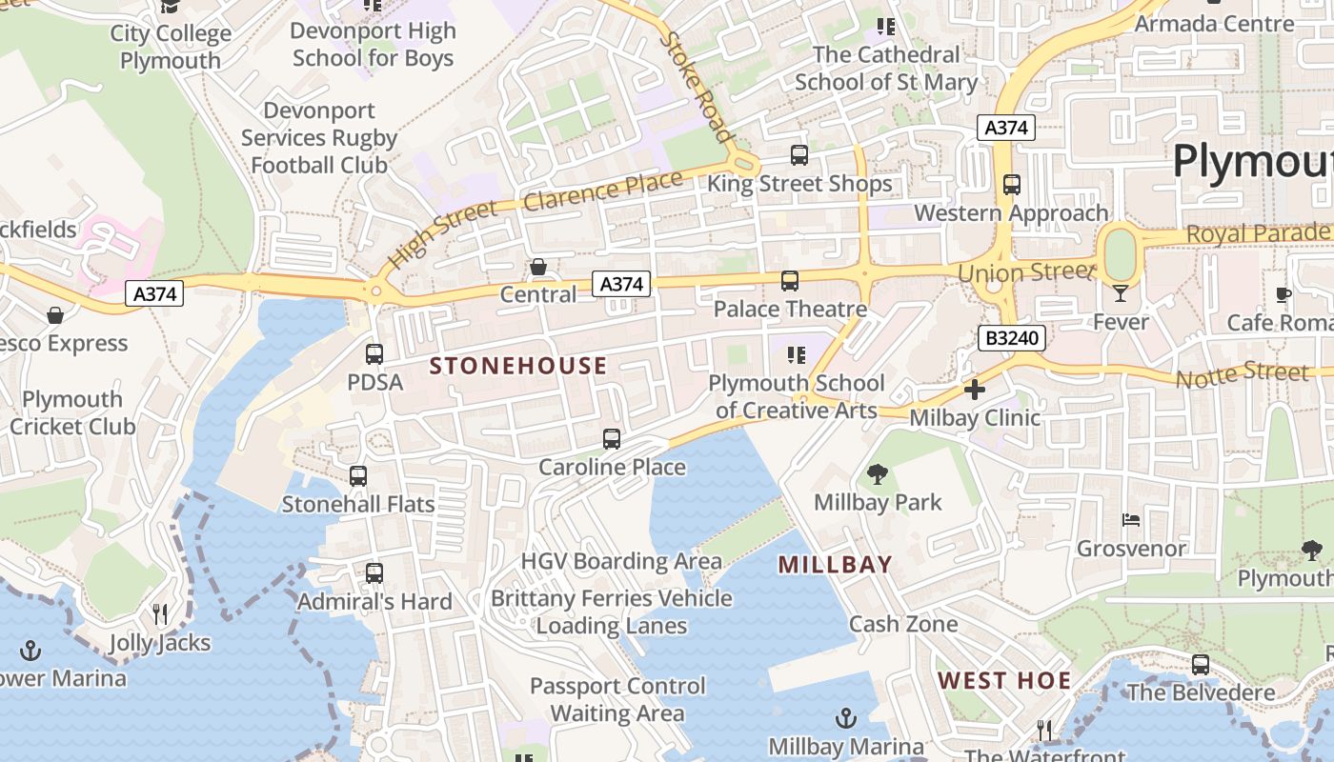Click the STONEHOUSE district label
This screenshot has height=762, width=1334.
pos(518,366)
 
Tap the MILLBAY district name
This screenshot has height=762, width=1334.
pos(835,565)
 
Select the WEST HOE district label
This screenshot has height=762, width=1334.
pos(1004,680)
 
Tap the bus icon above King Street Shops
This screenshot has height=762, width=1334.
pos(799,155)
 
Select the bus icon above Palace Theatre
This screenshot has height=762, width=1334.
pos(790,281)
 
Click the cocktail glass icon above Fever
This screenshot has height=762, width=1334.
pos(1121,293)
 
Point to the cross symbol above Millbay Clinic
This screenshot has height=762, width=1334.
pos(975,390)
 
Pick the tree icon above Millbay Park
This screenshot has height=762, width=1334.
pos(877,473)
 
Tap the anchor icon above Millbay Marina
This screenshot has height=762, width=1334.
pos(845,718)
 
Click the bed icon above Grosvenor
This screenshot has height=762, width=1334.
pos(1131,520)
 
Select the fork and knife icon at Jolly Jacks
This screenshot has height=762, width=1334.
pos(160,614)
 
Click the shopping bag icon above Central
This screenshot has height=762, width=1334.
pos(538,267)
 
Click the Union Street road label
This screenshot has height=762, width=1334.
pos(1024,273)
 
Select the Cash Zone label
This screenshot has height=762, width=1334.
pos(903,624)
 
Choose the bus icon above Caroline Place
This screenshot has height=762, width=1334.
pos(612,439)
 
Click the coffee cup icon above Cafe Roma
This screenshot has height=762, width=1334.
pos(1283,294)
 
